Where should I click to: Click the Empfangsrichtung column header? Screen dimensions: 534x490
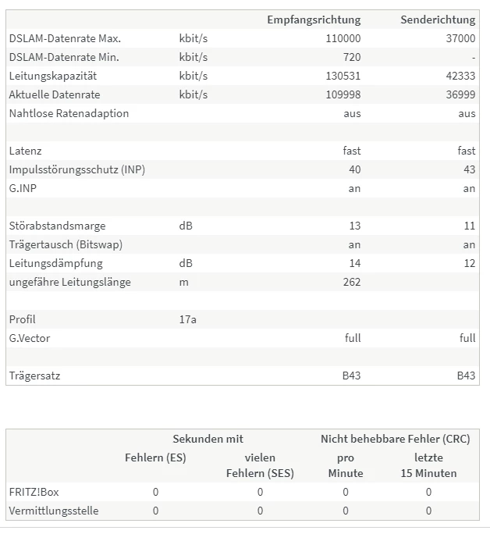coord(314,20)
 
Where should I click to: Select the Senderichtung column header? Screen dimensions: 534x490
coord(438,20)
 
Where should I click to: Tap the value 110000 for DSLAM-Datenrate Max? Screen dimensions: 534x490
coord(343,38)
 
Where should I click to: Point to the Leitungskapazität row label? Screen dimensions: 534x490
coord(52,76)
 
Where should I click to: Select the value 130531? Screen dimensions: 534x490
coord(343,76)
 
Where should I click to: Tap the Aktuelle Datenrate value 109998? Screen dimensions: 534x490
coord(343,94)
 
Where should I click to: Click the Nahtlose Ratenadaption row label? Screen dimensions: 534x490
coord(69,113)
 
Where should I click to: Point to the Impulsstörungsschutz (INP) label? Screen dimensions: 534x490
coord(77,169)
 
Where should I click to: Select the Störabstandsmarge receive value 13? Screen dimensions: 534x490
coord(355,226)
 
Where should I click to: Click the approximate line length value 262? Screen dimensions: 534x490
coord(352,282)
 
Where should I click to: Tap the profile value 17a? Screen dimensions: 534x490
coord(187,319)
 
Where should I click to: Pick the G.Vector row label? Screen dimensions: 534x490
coord(30,338)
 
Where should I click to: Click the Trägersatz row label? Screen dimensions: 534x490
coord(34,376)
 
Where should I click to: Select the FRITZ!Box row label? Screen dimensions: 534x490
coord(35,492)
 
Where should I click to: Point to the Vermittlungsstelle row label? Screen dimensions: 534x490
coord(54,511)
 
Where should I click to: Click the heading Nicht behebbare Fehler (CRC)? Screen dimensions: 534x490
coord(395,439)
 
